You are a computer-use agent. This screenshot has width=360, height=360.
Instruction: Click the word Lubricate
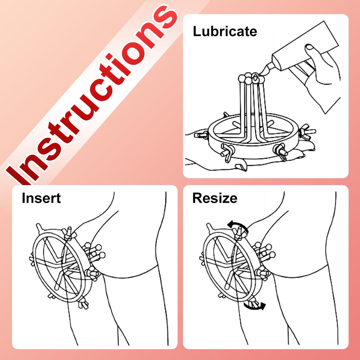pos(225,31)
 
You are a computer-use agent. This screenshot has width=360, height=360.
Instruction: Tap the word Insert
pos(41,198)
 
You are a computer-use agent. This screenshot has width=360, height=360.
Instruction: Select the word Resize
pos(215,198)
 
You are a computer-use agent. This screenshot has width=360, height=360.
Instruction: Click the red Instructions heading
pos(91,93)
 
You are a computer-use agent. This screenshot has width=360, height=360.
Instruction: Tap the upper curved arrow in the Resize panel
pos(238,226)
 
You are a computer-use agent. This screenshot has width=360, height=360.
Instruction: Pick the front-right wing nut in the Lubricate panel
pos(280,151)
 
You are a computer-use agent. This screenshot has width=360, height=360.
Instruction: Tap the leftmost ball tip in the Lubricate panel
pos(242,78)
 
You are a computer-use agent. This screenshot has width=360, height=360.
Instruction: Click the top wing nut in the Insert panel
pos(69,234)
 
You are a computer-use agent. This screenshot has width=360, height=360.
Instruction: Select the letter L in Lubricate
pos(197,31)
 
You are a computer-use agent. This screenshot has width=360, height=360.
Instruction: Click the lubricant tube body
pos(304,47)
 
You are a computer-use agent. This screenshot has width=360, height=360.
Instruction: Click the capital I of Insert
pos(23,198)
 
